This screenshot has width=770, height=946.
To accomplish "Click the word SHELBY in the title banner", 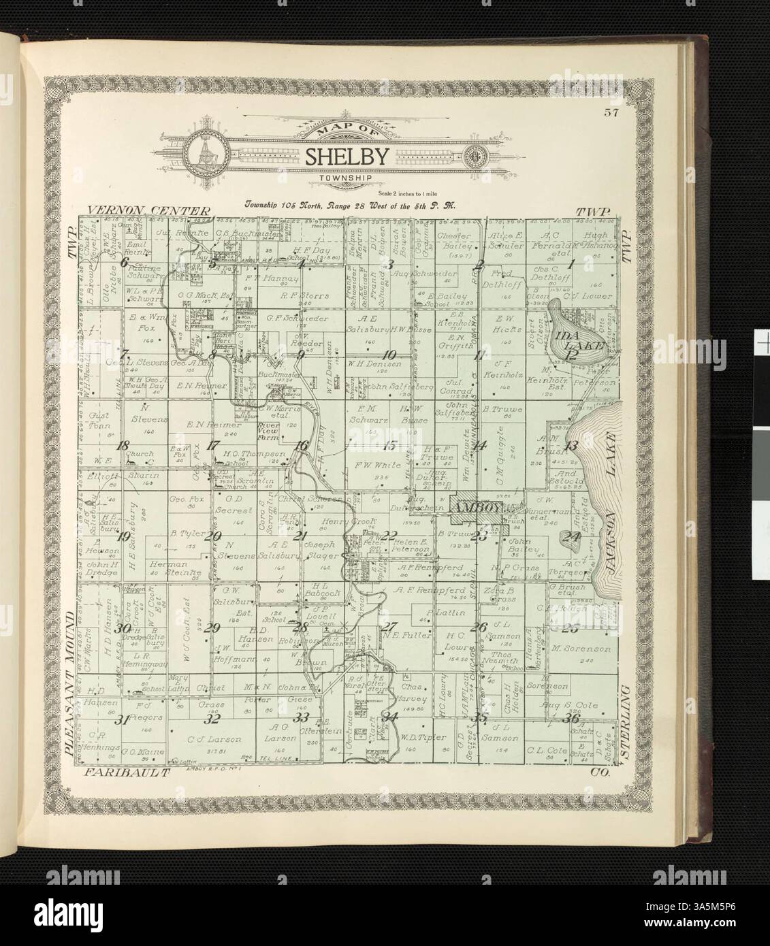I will click(x=347, y=157).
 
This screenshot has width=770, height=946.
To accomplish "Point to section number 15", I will click(x=389, y=446).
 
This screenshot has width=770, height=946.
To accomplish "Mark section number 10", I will click(x=389, y=355).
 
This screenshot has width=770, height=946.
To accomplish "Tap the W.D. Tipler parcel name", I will click(x=427, y=738).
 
